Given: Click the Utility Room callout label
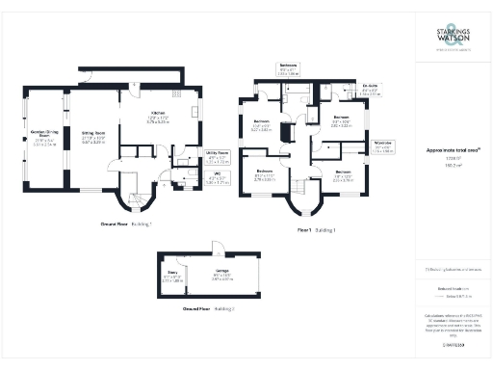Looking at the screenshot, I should [218, 156].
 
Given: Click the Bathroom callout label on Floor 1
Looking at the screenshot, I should [288, 70].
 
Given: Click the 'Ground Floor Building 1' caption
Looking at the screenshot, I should [126, 224].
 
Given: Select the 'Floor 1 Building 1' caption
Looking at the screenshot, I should [317, 230].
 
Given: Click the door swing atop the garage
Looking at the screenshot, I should [219, 246].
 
